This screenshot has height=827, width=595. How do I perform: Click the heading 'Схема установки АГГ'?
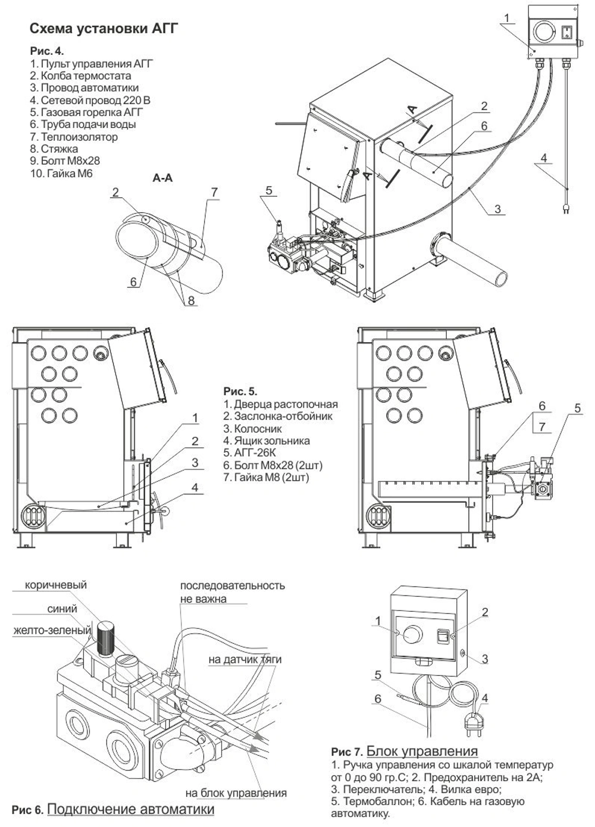click(104, 29)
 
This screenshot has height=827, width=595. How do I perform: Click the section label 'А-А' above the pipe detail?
click(162, 178)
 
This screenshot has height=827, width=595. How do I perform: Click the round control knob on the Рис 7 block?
click(411, 633)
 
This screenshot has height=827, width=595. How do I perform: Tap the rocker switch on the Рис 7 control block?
click(443, 636)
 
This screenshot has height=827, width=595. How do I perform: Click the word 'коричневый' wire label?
click(55, 585)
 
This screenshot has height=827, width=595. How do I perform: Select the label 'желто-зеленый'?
click(52, 630)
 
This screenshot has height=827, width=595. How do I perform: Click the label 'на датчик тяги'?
click(245, 659)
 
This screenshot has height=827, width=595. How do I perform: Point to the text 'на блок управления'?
click(236, 792)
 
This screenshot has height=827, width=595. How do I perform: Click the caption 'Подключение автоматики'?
click(130, 809)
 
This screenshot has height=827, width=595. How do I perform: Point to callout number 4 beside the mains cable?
click(543, 158)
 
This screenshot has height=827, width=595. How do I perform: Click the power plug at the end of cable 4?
click(566, 208)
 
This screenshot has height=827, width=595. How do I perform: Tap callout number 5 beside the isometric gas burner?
click(269, 190)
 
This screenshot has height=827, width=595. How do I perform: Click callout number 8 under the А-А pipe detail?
click(191, 301)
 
